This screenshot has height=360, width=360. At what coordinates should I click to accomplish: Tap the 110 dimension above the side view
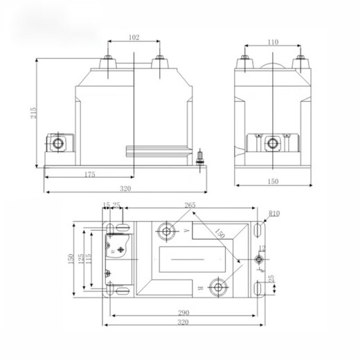273,42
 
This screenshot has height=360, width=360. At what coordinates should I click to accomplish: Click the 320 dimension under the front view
124,188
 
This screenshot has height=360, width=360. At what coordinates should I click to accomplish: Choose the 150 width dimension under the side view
273,181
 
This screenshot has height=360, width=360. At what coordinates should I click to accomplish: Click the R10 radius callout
273,213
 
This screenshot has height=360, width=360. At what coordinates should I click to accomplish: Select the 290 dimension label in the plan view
184,313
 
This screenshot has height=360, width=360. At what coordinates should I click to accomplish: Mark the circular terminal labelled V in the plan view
167,229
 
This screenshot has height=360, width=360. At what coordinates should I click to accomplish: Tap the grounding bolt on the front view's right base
201,157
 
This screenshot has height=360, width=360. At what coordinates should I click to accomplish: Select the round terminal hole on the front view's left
55,144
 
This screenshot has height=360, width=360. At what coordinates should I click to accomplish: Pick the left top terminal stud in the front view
110,63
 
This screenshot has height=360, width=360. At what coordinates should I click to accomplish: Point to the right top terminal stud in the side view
300,62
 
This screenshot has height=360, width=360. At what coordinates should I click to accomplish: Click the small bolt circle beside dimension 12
258,260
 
